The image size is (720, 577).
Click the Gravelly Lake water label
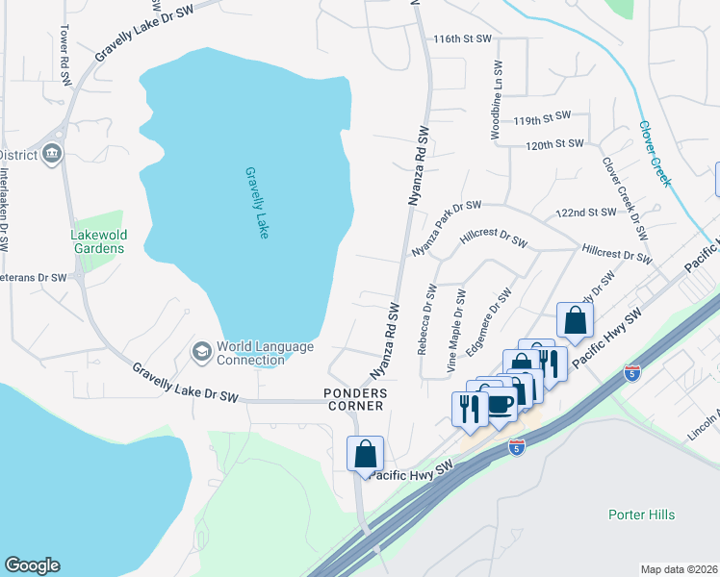(256, 202)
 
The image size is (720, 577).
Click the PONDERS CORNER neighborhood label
(354, 399)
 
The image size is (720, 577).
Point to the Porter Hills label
(641, 514)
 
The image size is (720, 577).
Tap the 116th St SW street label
(462, 38)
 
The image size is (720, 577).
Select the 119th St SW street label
(542, 120)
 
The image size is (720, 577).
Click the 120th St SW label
(554, 143)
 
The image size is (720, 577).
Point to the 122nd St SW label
(585, 213)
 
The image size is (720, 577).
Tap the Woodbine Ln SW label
(497, 102)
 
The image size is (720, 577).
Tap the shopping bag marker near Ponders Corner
(366, 454)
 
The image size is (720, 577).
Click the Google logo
(32, 565)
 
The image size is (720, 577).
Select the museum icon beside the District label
(51, 154)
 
